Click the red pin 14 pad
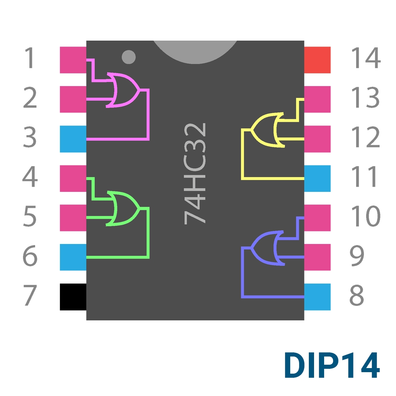point(317,60)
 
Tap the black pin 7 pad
point(73,297)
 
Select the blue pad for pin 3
point(73,139)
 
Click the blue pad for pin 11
point(317,178)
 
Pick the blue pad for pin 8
point(317,297)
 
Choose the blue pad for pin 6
point(73,257)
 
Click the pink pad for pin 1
point(73,60)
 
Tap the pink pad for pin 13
point(317,99)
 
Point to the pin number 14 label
point(366,58)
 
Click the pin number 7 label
point(30,295)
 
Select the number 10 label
point(366,216)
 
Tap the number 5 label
point(30,216)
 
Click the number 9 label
point(357,255)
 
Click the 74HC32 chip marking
point(195,174)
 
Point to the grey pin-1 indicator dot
point(129,57)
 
